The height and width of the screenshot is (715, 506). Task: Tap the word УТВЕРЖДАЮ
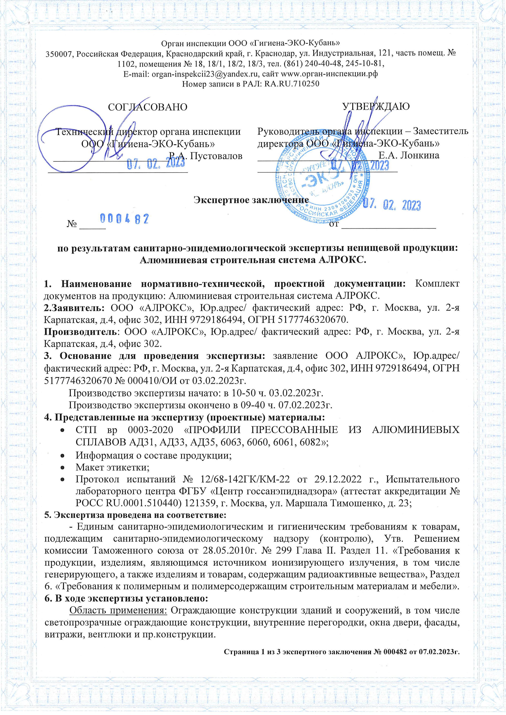[x=376, y=106]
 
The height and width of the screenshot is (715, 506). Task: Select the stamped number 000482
[x=124, y=219]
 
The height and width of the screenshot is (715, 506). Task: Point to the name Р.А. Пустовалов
[x=205, y=156]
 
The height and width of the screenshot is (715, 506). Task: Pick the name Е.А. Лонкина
[x=409, y=155]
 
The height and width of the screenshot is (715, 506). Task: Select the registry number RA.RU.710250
[x=291, y=84]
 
